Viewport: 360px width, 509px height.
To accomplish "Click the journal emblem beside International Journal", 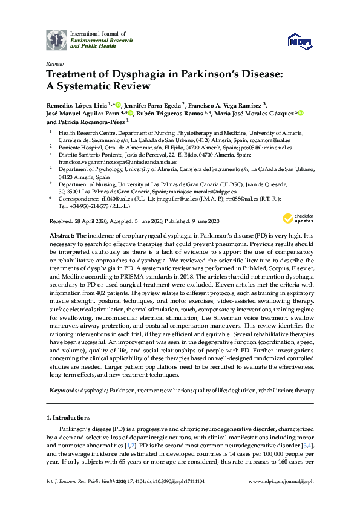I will pos(56,39).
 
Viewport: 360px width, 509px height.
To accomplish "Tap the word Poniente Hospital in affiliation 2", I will pos(78,147).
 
